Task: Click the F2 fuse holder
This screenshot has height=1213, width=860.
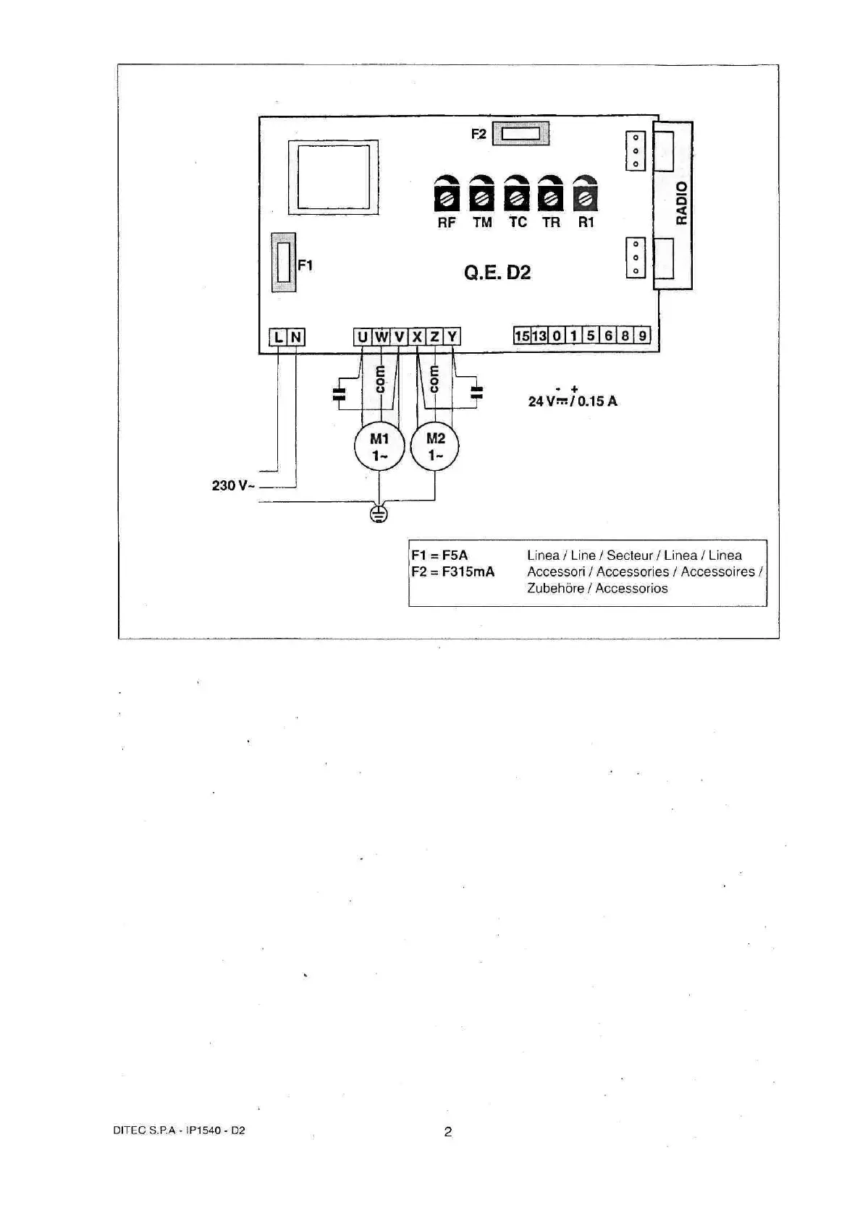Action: pyautogui.click(x=520, y=134)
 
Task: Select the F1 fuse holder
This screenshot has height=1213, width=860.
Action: pyautogui.click(x=283, y=263)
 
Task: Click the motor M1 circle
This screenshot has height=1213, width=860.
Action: pyautogui.click(x=379, y=447)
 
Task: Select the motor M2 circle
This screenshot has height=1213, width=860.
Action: pyautogui.click(x=435, y=447)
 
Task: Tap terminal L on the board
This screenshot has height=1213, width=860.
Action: pyautogui.click(x=278, y=337)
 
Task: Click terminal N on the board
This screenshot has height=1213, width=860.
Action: pyautogui.click(x=296, y=337)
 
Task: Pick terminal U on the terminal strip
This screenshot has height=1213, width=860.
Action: pyautogui.click(x=363, y=336)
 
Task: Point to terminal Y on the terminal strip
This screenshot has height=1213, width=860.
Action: pyautogui.click(x=452, y=336)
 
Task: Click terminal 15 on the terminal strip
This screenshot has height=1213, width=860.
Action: pyautogui.click(x=522, y=336)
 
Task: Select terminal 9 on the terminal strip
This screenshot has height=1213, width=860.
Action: pyautogui.click(x=643, y=336)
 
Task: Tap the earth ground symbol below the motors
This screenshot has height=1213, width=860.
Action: pyautogui.click(x=379, y=514)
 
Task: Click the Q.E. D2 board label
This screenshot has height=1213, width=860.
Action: pyautogui.click(x=497, y=273)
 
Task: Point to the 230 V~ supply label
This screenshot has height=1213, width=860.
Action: pyautogui.click(x=233, y=485)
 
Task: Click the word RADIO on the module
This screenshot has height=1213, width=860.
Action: pyautogui.click(x=681, y=203)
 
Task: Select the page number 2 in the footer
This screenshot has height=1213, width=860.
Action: pyautogui.click(x=448, y=1132)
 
